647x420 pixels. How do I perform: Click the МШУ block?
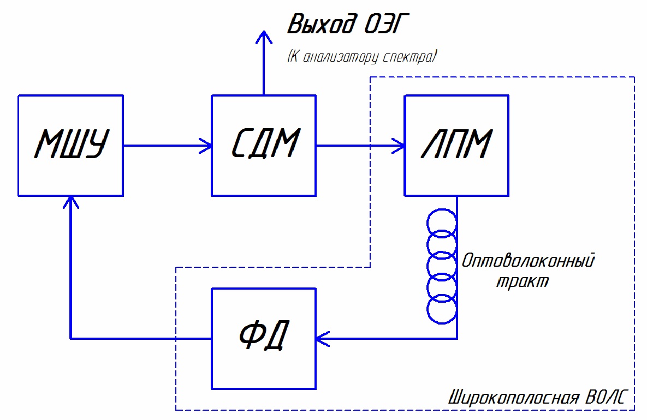point(70,146)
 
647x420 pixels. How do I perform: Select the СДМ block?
point(264,146)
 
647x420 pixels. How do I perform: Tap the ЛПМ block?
point(456,146)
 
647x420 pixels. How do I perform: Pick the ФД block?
point(264,338)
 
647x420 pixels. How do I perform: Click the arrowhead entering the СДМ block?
point(206,146)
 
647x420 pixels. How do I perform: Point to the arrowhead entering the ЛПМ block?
point(399,146)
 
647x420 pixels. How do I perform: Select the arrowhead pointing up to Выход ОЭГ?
point(264,37)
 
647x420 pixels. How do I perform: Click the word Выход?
point(316,25)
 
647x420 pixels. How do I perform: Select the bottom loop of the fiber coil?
point(441,309)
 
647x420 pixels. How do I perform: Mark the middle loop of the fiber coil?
point(441,266)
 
